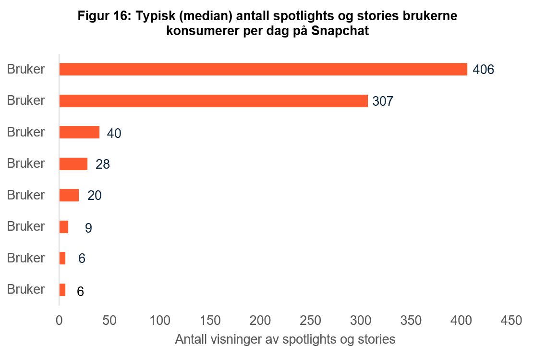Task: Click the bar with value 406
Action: click(263, 69)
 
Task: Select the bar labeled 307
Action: click(213, 101)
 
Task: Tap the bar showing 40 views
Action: click(79, 132)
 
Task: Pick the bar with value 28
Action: click(73, 164)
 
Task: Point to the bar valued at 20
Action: click(69, 195)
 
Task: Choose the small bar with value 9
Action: click(63, 227)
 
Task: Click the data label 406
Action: click(483, 70)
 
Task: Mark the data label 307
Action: click(383, 101)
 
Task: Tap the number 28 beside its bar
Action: click(102, 164)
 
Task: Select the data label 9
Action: click(88, 228)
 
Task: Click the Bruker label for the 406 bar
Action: click(26, 69)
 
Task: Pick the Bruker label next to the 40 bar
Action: click(26, 132)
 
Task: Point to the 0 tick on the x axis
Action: click(59, 320)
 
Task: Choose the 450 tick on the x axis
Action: click(511, 320)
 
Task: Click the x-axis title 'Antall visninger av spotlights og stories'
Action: click(285, 339)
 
